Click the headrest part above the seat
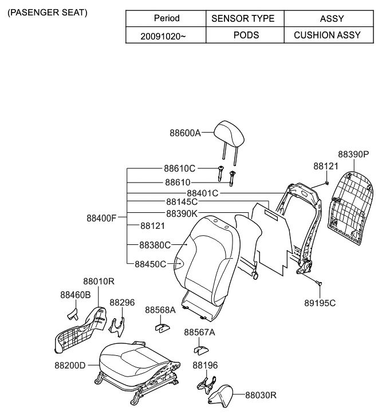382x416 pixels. coord(230,133)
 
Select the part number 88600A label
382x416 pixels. coord(185,133)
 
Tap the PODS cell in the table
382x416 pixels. coord(246,35)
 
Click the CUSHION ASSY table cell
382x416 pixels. coord(327,35)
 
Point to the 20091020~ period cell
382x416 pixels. coord(163,35)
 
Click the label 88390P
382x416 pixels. coord(353,154)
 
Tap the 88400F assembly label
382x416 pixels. coord(102,218)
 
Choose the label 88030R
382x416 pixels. coord(261,395)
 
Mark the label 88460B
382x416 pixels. coord(76,295)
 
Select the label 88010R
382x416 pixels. coord(99,282)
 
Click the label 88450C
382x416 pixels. coord(150,264)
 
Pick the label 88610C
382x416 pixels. coord(180,169)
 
